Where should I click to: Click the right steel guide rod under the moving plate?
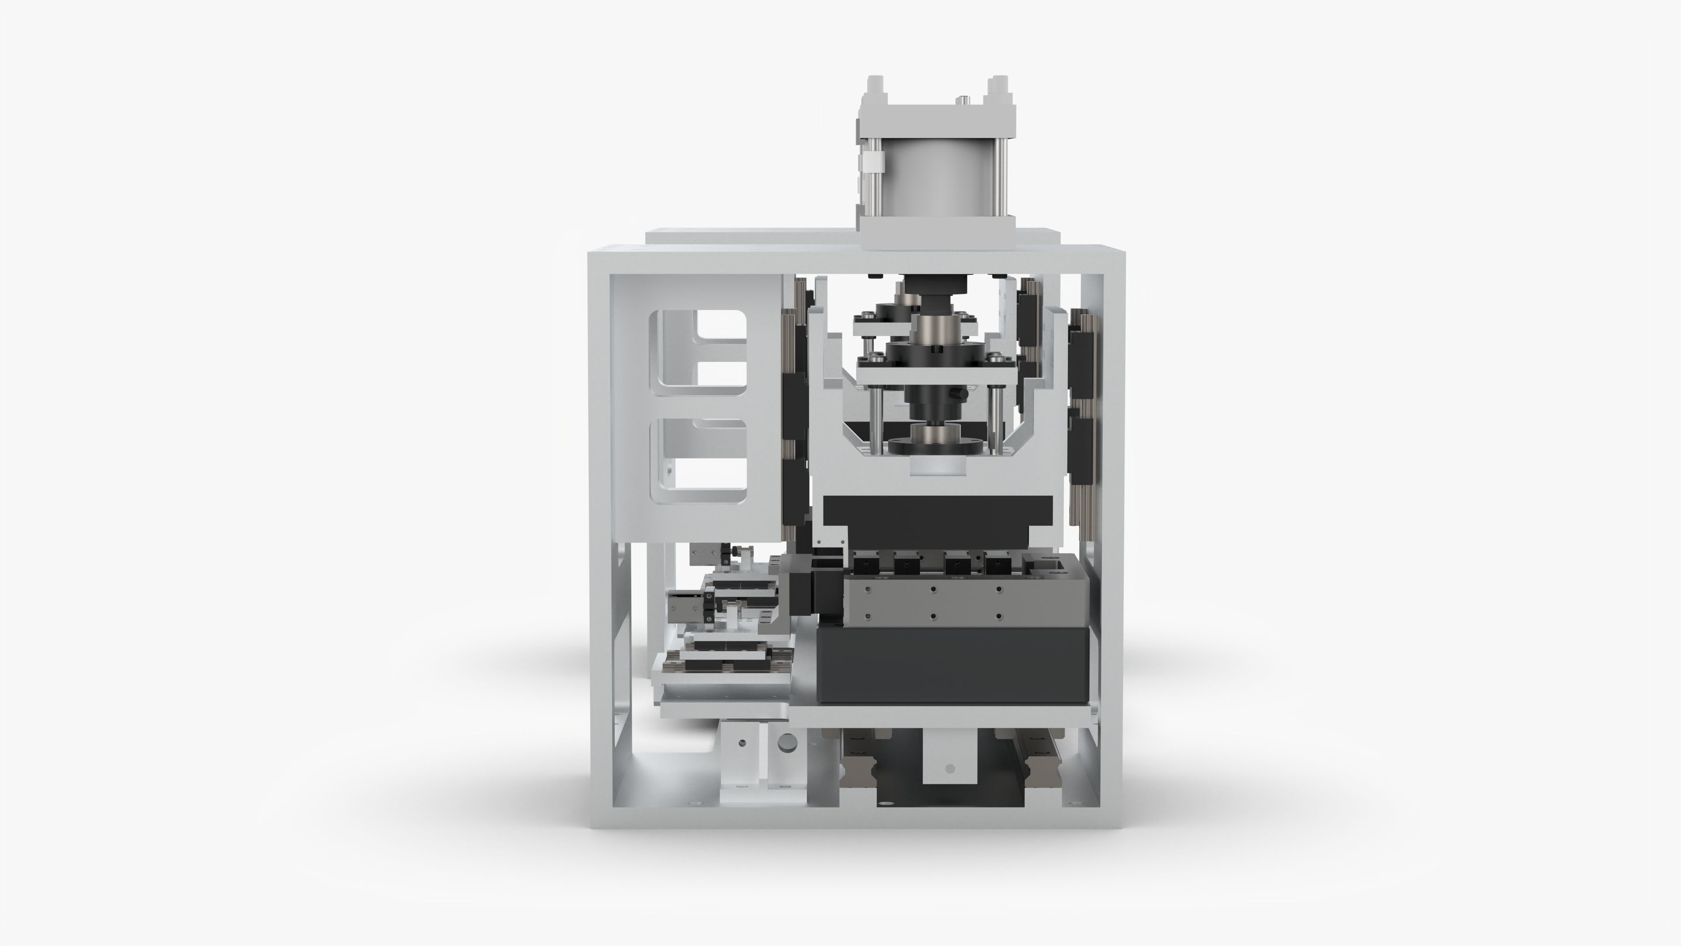pyautogui.click(x=995, y=418)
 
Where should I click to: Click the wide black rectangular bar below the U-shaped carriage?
pyautogui.click(x=938, y=510)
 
